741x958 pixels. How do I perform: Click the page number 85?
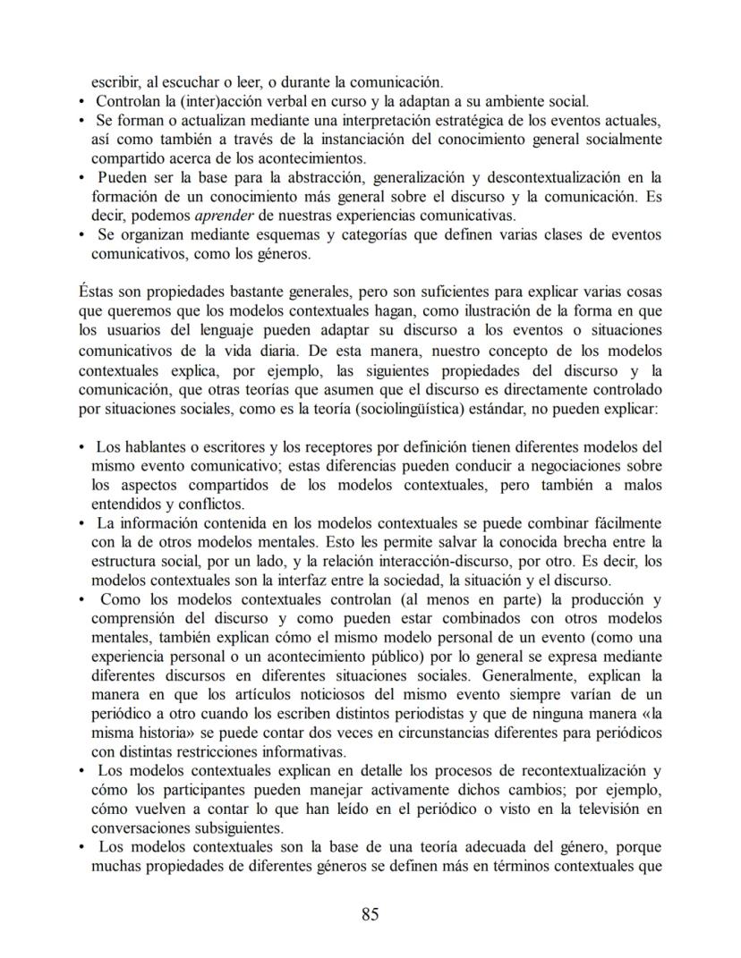click(x=370, y=914)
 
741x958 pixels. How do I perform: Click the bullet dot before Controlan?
click(x=81, y=102)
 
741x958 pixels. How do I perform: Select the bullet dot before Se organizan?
click(x=81, y=235)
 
